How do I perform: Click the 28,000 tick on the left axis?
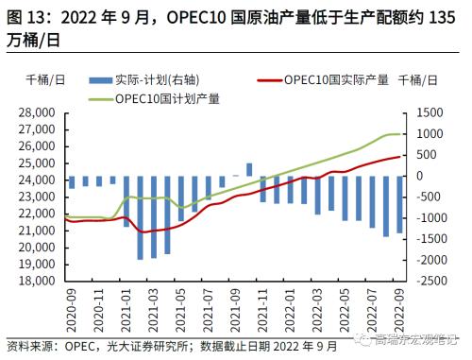point(35,112)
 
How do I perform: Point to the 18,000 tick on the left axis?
point(35,281)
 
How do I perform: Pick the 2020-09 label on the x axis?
point(69,310)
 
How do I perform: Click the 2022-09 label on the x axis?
point(400,310)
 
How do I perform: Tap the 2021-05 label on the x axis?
point(180,310)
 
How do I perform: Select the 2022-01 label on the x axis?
point(291,310)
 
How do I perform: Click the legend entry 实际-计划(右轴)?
point(147,80)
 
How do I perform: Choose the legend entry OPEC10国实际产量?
point(330,80)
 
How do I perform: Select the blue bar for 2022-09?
point(400,204)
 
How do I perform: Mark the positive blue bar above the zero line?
point(249,169)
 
